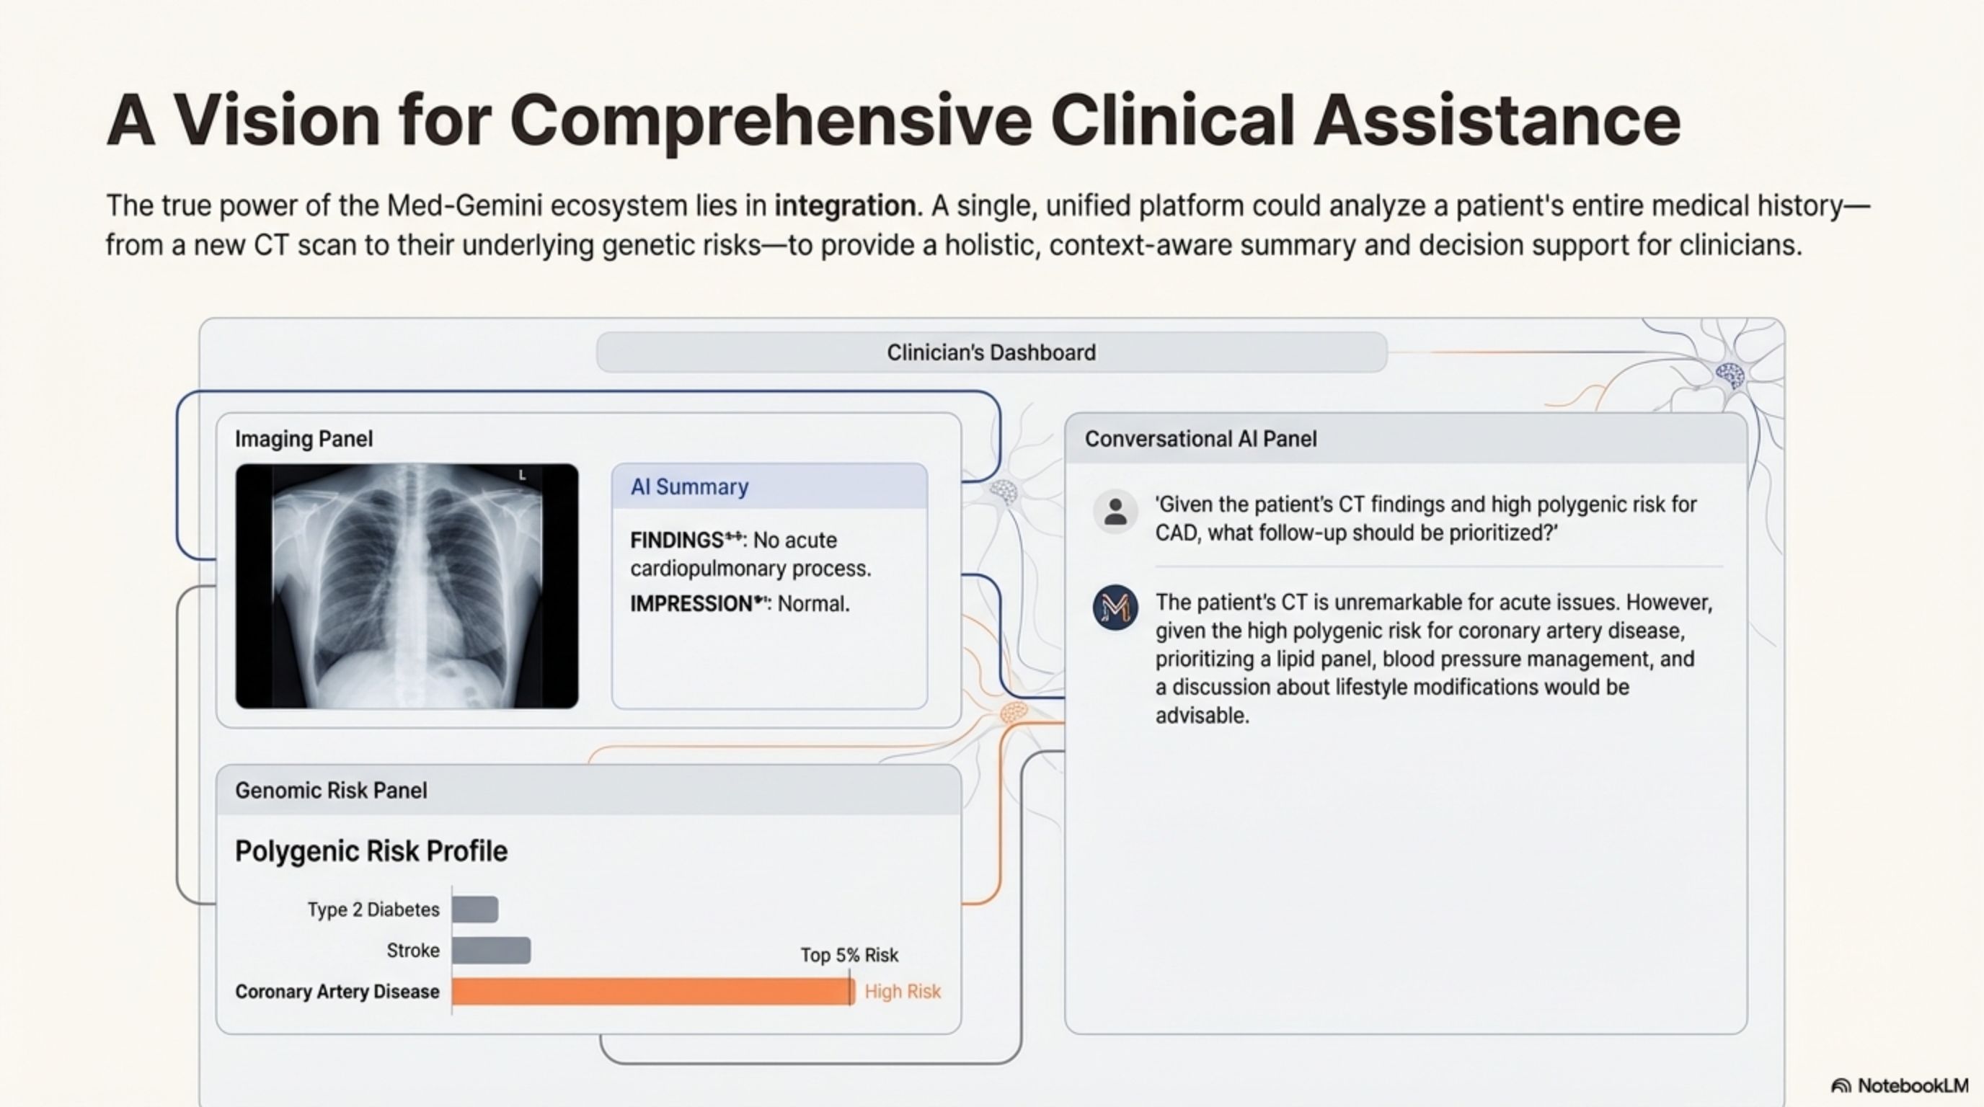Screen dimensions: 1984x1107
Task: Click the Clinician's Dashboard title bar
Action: click(x=991, y=352)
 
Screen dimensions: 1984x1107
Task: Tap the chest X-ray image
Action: click(x=407, y=586)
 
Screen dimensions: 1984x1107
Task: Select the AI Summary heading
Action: click(x=689, y=486)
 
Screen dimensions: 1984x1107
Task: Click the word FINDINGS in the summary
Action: click(x=676, y=541)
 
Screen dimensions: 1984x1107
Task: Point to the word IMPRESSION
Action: click(x=691, y=603)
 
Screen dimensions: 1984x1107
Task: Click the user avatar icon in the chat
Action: click(x=1115, y=511)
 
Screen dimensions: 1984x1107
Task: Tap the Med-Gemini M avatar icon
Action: click(x=1115, y=608)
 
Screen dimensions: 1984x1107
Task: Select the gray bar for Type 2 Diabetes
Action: click(x=475, y=909)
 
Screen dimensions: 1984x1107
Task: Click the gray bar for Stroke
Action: click(x=492, y=951)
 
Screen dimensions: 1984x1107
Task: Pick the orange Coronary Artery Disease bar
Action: click(x=653, y=992)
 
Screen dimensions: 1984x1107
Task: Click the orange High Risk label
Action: click(x=903, y=992)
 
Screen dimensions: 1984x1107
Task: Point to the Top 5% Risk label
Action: click(x=849, y=956)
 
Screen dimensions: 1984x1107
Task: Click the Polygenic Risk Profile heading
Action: click(x=371, y=851)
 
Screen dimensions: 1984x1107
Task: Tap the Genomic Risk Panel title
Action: click(x=331, y=791)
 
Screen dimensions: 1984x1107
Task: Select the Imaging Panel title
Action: click(x=304, y=439)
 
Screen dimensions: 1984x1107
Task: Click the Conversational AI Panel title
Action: click(x=1201, y=439)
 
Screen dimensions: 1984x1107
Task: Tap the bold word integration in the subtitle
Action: click(x=845, y=206)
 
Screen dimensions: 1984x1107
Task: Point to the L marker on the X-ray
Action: click(x=522, y=475)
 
